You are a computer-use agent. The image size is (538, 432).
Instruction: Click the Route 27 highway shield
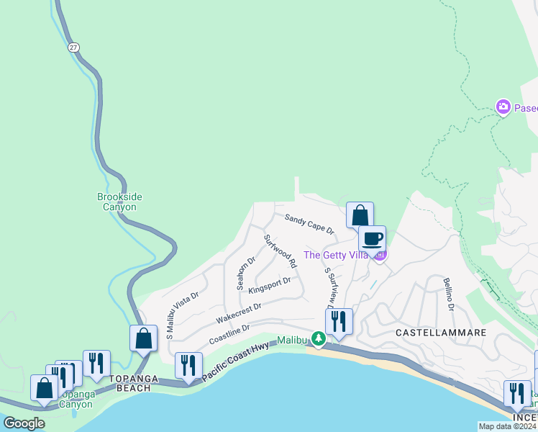(74, 47)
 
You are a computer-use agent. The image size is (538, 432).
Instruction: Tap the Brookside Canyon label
(117, 202)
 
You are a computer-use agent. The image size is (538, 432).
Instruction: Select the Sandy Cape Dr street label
(309, 224)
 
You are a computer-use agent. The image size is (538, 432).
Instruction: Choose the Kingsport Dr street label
(270, 286)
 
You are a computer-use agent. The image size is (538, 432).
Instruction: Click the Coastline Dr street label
(229, 333)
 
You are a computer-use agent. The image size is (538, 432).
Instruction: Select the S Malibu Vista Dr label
(183, 315)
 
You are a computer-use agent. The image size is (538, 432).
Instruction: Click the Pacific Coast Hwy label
(235, 361)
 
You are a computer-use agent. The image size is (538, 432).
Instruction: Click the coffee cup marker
(372, 240)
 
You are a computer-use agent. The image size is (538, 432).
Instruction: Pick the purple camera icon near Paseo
(503, 107)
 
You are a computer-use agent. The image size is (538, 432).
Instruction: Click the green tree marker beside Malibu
(317, 339)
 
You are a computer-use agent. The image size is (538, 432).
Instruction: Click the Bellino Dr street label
(449, 294)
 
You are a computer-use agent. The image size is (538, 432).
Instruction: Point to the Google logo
(24, 423)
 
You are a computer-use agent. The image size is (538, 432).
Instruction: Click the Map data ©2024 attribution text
(508, 426)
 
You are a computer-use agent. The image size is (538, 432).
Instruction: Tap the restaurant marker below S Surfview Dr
(339, 322)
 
